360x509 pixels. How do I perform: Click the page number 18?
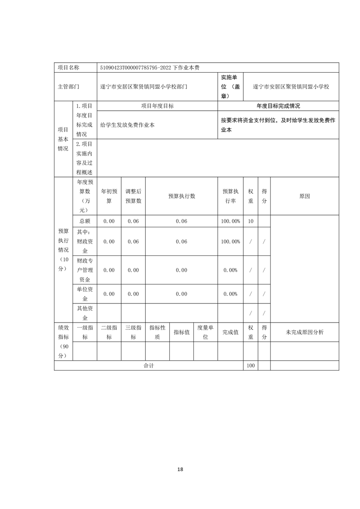click(180, 469)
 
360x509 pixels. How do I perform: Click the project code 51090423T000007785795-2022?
click(136, 67)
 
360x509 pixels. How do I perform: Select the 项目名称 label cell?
click(69, 67)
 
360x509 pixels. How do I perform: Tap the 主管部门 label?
click(69, 86)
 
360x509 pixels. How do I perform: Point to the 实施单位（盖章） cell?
click(230, 86)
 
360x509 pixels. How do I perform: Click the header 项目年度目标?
click(157, 106)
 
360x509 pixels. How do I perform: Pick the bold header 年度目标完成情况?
click(278, 106)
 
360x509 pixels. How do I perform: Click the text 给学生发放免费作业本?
click(128, 124)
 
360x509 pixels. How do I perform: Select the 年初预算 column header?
click(109, 196)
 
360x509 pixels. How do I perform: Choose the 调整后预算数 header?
click(133, 196)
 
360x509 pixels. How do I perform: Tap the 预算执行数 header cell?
click(182, 196)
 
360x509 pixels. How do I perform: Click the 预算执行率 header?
click(230, 196)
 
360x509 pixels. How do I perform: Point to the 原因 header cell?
click(305, 196)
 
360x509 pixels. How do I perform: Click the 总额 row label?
click(85, 221)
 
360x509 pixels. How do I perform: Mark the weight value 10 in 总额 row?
click(251, 221)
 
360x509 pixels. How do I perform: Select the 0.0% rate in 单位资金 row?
click(230, 294)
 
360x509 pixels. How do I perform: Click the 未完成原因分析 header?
click(305, 332)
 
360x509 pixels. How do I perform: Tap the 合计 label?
click(149, 366)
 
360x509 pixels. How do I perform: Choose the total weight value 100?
click(251, 366)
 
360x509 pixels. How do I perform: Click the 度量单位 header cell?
click(206, 332)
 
